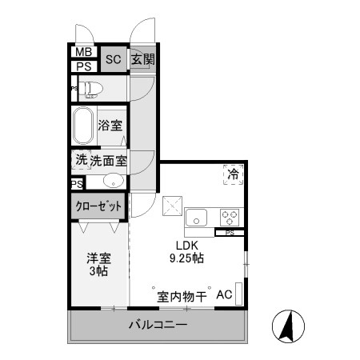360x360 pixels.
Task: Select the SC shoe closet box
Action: [113, 59]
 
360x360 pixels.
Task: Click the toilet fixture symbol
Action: [89, 88]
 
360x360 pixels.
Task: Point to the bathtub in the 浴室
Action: [84, 126]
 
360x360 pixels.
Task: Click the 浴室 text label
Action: [111, 126]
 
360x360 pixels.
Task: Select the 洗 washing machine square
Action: [81, 159]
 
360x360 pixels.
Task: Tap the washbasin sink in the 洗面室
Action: [114, 180]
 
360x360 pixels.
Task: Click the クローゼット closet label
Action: [99, 206]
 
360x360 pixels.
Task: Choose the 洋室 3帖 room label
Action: [98, 265]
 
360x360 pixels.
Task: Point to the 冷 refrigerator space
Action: [233, 174]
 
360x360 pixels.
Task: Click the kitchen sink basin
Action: [196, 217]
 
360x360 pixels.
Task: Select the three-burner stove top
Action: [230, 217]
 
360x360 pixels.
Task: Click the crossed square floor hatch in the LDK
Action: [173, 206]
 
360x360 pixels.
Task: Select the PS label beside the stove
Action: [230, 234]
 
